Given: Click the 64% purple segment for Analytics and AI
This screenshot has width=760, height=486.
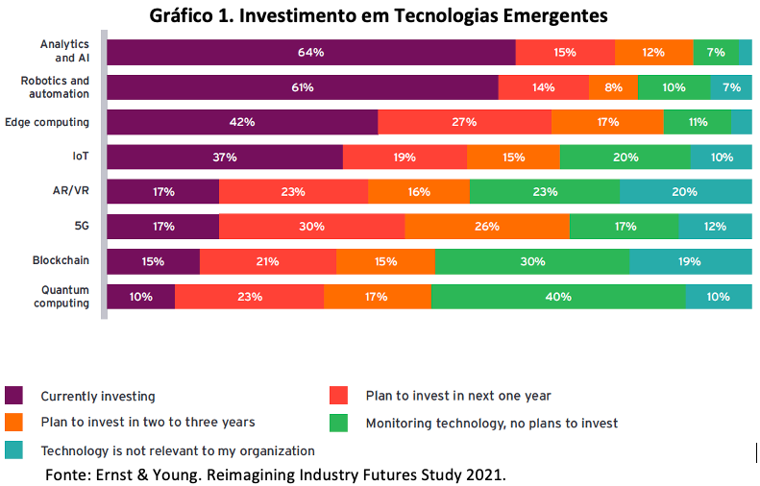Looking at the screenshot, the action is [311, 52].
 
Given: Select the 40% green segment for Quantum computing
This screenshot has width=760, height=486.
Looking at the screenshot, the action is [558, 297].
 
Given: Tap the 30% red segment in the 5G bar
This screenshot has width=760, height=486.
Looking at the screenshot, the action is [311, 227].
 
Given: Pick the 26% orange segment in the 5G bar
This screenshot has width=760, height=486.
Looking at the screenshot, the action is [487, 227].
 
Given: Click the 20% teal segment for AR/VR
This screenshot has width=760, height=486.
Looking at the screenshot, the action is [686, 191].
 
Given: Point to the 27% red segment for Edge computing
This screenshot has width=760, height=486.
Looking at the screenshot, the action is [464, 122].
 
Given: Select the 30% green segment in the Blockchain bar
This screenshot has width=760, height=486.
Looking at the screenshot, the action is [532, 261].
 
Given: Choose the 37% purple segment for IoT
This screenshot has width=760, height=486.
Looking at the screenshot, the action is [225, 157].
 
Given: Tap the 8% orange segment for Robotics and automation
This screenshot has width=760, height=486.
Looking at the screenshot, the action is [613, 87].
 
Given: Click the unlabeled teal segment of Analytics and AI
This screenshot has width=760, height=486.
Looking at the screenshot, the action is [746, 52].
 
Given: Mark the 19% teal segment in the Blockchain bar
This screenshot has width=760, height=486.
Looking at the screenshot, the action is [691, 261].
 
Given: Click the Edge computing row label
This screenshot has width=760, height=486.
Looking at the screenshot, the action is [47, 122].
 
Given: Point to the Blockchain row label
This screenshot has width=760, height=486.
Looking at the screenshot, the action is [61, 260].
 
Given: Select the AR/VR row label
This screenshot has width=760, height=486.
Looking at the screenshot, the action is [71, 190].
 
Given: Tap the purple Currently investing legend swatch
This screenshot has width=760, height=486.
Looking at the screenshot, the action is [13, 396].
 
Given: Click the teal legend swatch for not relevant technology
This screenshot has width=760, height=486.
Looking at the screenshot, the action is [13, 450].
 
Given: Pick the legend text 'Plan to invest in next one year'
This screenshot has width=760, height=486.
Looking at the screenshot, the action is [458, 396].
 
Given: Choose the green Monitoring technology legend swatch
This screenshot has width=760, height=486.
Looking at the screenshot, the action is [338, 423].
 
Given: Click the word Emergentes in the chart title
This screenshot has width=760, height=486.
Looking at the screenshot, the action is [555, 15].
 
